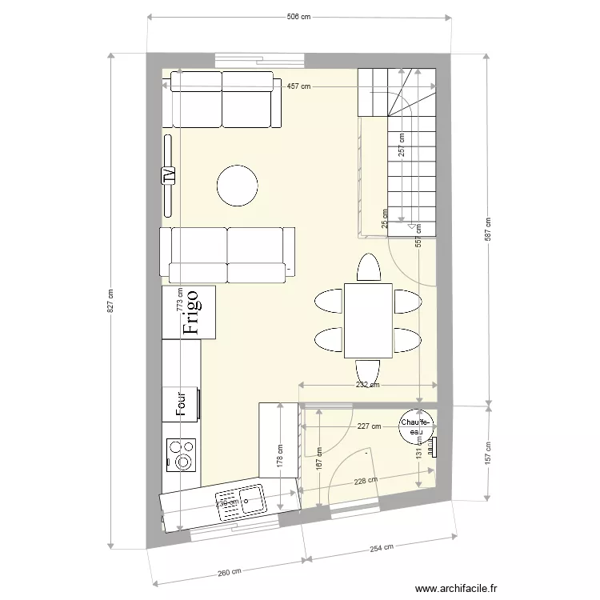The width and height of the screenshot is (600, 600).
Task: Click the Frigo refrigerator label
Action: tap(190, 311)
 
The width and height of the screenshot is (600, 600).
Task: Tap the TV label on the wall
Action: tap(169, 175)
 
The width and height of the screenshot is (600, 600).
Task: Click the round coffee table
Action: tap(238, 186)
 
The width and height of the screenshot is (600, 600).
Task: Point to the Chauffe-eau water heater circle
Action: tap(416, 426)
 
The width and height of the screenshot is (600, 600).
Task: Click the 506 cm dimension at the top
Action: tap(298, 16)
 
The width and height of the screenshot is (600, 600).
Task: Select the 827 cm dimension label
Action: tap(111, 301)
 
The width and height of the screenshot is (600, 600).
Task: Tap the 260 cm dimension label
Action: tap(229, 571)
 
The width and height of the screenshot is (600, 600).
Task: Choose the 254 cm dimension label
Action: tap(381, 547)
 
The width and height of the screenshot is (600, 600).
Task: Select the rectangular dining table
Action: tap(368, 320)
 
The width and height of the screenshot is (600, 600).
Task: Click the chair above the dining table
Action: tap(368, 268)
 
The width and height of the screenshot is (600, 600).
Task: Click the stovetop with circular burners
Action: tap(182, 454)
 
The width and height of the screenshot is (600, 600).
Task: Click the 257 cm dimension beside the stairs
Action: tap(402, 143)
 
